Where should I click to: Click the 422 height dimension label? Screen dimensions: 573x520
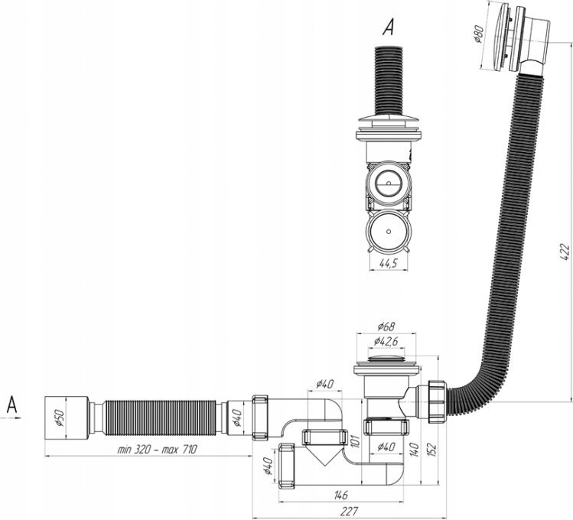(x=565, y=252)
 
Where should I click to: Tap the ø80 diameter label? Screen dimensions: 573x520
(x=479, y=34)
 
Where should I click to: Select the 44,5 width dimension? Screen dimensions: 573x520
(x=388, y=263)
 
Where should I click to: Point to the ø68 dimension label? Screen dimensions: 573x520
(x=386, y=326)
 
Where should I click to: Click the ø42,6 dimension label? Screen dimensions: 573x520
(x=386, y=341)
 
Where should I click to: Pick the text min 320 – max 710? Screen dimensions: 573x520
(x=157, y=449)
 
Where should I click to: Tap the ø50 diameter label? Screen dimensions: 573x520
(x=60, y=418)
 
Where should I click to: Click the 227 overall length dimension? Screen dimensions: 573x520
(x=349, y=511)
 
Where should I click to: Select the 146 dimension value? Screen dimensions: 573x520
(x=340, y=495)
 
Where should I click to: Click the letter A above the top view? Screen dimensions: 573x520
(x=389, y=28)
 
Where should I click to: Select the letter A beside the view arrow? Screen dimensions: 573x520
(x=11, y=405)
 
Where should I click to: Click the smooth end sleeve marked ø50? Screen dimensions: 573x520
(x=67, y=418)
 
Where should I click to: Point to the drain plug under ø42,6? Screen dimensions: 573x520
(x=386, y=359)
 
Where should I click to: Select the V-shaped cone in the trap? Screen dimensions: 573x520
(x=324, y=455)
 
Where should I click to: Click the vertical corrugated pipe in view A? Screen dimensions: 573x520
(x=389, y=81)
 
